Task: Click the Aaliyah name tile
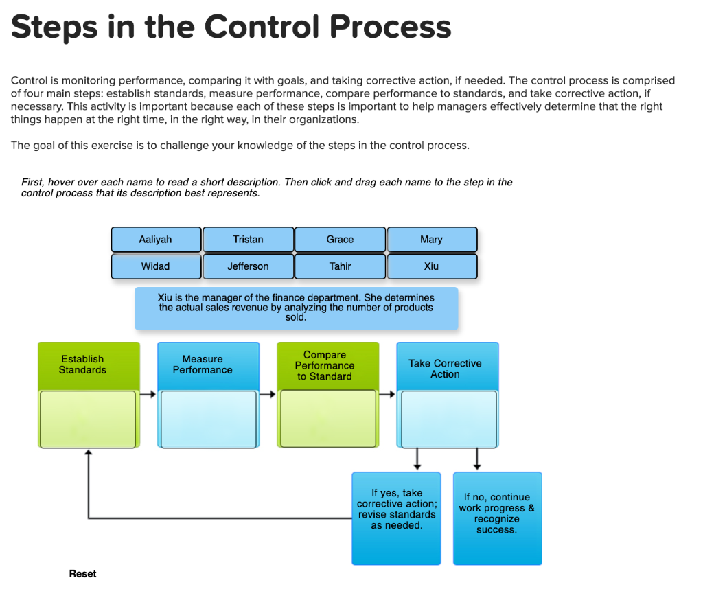tap(156, 240)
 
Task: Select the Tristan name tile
tap(248, 240)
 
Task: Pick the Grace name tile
tap(340, 240)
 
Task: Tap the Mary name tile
tap(432, 240)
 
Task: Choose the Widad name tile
tap(156, 266)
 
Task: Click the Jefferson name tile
tap(248, 266)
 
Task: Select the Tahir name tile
tap(340, 266)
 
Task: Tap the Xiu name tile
tap(432, 266)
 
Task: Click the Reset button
tap(82, 574)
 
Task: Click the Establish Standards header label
tap(82, 365)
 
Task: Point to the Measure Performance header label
tap(203, 365)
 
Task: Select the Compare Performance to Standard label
tap(324, 365)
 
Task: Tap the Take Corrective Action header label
tap(445, 369)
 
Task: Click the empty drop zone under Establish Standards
tap(88, 419)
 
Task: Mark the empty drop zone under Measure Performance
tap(208, 419)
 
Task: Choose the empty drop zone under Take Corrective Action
tap(449, 419)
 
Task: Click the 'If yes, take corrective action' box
tap(396, 518)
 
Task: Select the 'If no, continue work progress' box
tap(497, 518)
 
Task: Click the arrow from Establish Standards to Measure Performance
tap(148, 395)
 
